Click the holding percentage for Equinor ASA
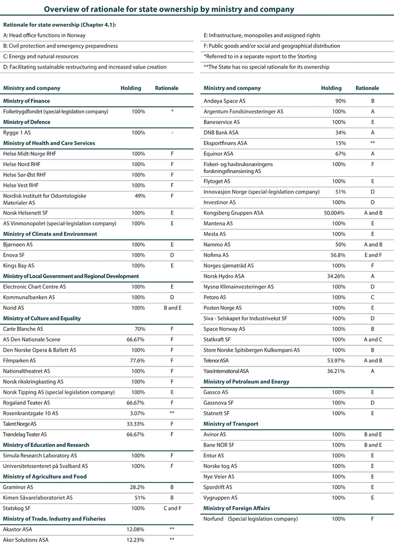(x=338, y=153)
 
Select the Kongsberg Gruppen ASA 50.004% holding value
(x=333, y=213)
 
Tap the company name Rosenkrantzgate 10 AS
(x=31, y=413)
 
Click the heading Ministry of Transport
(x=230, y=424)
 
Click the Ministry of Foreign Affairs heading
(x=236, y=508)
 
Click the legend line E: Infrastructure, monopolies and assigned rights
(x=262, y=36)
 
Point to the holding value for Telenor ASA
(x=335, y=361)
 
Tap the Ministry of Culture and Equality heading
(x=42, y=318)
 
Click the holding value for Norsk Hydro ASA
(x=335, y=276)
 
